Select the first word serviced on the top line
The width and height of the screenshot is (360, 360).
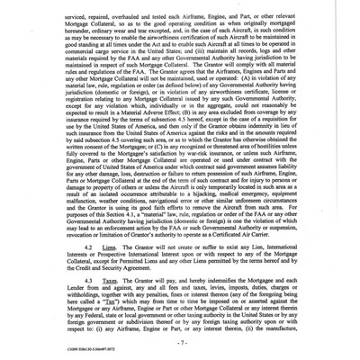click(57, 7)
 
